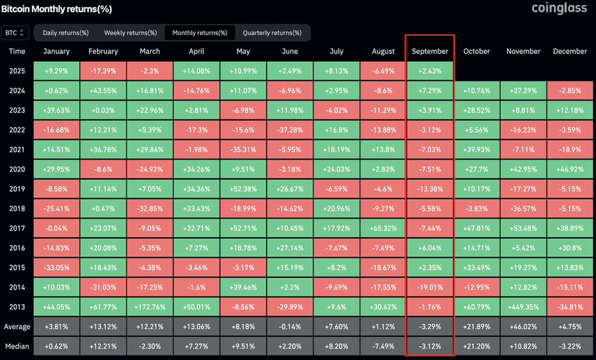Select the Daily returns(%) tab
click(x=65, y=33)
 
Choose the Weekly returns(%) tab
click(x=130, y=33)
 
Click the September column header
click(x=430, y=52)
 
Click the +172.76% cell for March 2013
click(x=150, y=306)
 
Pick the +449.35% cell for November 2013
click(x=523, y=306)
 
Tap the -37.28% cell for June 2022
click(x=290, y=130)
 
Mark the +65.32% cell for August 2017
click(x=383, y=228)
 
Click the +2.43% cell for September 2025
click(x=430, y=71)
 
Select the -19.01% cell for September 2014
click(x=430, y=287)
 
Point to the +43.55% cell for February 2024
click(x=103, y=91)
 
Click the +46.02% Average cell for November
click(x=523, y=326)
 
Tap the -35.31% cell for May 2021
click(x=243, y=149)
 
